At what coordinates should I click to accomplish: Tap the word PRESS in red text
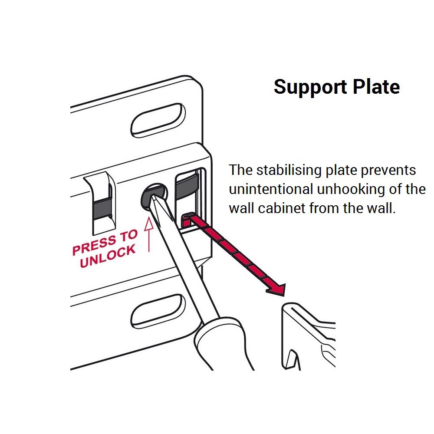[x=93, y=247]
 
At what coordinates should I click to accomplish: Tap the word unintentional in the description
[x=270, y=189]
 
